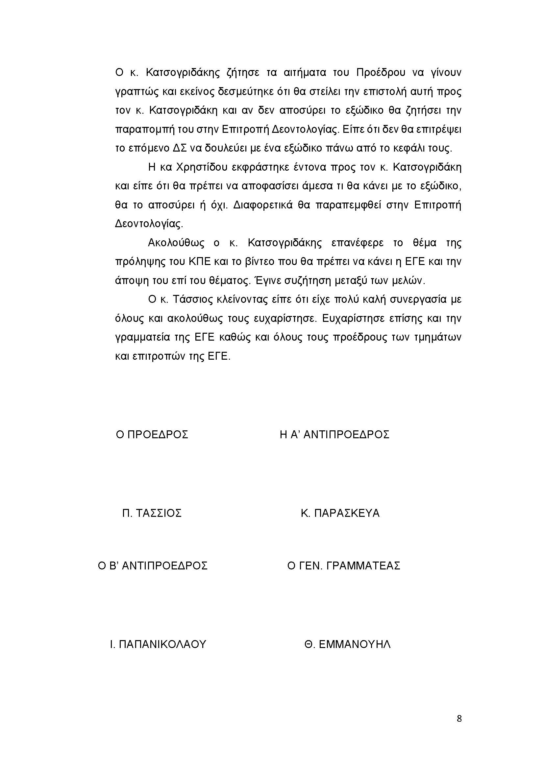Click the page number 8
[x=459, y=728]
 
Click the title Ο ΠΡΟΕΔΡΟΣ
[x=152, y=435]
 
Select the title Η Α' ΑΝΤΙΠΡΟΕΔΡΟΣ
[x=334, y=435]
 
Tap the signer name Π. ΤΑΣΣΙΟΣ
[x=152, y=513]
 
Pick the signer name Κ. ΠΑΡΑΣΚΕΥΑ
[x=340, y=513]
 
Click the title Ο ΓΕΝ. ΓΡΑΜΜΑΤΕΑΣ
[x=344, y=566]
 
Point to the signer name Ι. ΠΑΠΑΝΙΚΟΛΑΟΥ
[x=158, y=644]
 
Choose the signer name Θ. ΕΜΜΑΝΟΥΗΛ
[x=347, y=644]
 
